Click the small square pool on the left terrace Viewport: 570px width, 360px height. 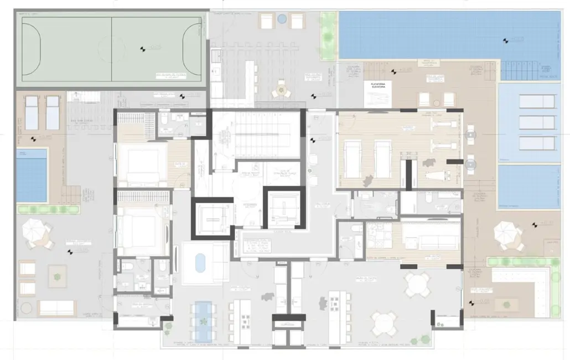[32, 175]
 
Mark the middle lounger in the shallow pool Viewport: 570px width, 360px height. [536, 122]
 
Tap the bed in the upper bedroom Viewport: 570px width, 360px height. [143, 164]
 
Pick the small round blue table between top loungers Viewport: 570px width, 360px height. [282, 20]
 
